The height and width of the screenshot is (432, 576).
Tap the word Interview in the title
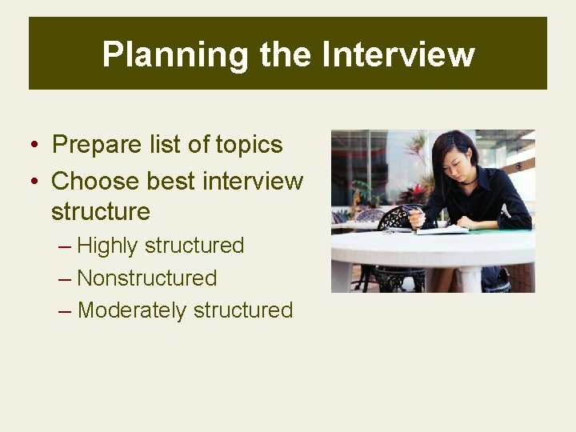(x=398, y=54)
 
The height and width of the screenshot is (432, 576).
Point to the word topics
(x=249, y=145)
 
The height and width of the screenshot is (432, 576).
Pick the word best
(x=170, y=181)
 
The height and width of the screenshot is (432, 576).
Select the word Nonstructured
(x=147, y=278)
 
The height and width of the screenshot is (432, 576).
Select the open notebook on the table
(x=445, y=230)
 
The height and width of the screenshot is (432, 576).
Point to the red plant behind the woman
(x=416, y=192)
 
